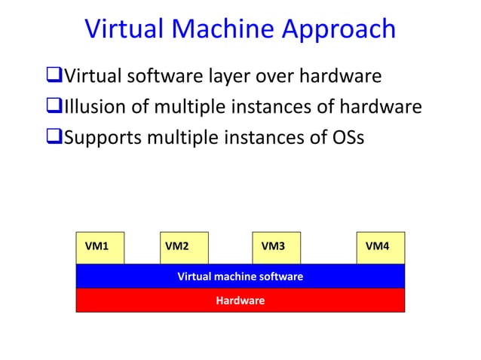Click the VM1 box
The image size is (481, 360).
(100, 247)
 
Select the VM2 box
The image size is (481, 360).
(184, 247)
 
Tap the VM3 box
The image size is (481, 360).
(276, 247)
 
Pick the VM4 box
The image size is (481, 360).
(380, 247)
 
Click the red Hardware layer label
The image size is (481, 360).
(240, 301)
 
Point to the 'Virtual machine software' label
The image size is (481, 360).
(240, 276)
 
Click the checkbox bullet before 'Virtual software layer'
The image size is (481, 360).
(54, 77)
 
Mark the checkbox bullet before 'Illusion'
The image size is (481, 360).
(54, 108)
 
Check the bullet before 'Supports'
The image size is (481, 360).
(54, 139)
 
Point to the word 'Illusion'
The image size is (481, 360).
(96, 108)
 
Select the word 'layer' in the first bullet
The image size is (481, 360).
(233, 77)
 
